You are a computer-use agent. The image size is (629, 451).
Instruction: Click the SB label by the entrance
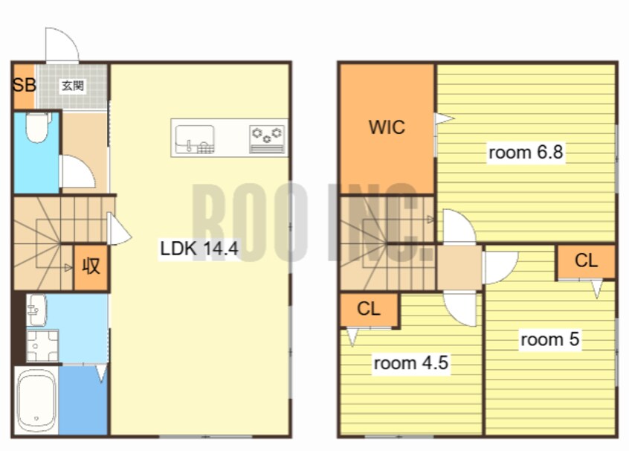[25, 85]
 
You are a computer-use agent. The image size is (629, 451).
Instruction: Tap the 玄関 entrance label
[73, 86]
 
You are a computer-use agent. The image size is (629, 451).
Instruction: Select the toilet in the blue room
[37, 127]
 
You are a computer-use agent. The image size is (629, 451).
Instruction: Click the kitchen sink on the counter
[195, 139]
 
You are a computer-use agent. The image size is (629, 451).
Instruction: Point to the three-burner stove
[267, 139]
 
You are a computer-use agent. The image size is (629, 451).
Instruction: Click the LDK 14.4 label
[199, 249]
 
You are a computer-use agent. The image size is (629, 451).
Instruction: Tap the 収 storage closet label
[91, 266]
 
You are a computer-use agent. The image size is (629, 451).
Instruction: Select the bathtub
[36, 400]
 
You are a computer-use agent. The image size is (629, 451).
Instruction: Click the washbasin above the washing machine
[36, 310]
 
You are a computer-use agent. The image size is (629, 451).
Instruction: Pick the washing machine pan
[42, 345]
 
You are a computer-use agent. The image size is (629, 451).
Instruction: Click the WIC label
[387, 127]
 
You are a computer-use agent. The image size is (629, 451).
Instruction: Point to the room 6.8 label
[526, 153]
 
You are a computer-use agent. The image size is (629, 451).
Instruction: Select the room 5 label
[549, 339]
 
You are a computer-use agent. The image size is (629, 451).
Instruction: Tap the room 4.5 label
[410, 363]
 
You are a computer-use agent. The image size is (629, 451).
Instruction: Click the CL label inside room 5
[586, 260]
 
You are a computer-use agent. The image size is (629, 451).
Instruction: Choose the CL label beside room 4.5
[368, 309]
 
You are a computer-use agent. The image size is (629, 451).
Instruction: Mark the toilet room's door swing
[85, 164]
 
